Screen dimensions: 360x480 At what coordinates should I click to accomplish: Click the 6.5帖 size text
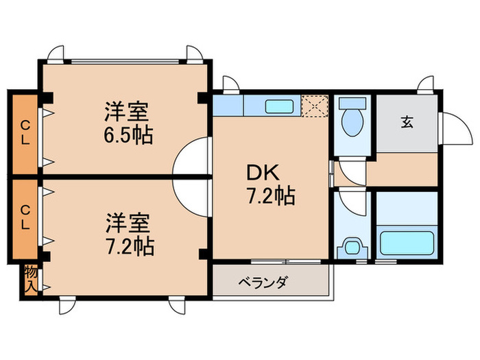(128, 134)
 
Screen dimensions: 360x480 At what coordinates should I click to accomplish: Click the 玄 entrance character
(407, 123)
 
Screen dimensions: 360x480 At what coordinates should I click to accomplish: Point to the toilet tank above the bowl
(354, 104)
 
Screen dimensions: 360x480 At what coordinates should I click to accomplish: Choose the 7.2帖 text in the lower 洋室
(129, 245)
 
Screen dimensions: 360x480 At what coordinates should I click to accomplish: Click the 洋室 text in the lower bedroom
(129, 222)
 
